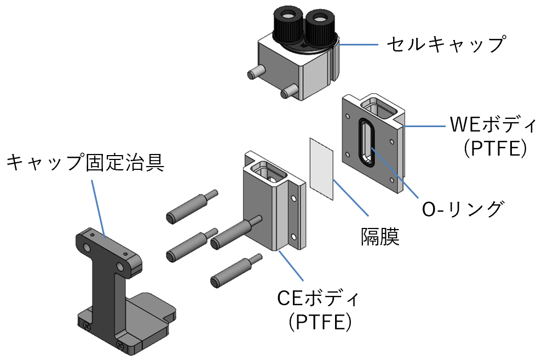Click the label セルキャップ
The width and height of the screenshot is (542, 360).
[446, 44]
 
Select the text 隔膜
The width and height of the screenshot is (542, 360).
[380, 237]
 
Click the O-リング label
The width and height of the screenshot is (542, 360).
[463, 209]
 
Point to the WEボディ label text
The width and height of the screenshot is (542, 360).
[493, 124]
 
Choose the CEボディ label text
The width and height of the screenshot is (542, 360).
[318, 298]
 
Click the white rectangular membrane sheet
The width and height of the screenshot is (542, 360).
[321, 169]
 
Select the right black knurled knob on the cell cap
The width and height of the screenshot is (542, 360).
[319, 27]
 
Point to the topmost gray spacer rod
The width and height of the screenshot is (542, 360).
[192, 207]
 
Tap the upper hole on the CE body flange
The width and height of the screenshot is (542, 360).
[293, 199]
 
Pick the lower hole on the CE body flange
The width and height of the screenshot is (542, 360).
[293, 237]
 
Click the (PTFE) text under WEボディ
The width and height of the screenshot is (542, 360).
[495, 148]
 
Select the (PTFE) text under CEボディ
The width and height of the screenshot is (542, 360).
[320, 322]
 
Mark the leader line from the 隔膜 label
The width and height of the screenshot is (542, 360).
[350, 198]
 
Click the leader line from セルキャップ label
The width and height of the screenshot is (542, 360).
[359, 44]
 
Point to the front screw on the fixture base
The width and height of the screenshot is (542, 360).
[120, 345]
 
